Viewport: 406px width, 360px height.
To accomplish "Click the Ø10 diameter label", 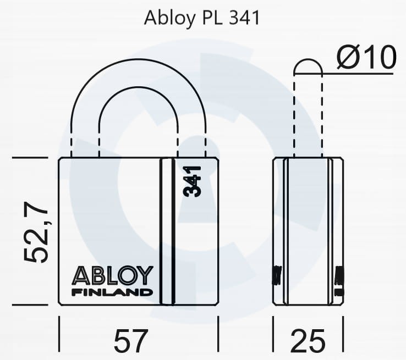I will [x=366, y=57].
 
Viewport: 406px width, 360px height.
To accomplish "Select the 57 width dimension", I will [x=131, y=341].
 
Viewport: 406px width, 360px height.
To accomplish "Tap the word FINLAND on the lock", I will [x=112, y=292].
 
